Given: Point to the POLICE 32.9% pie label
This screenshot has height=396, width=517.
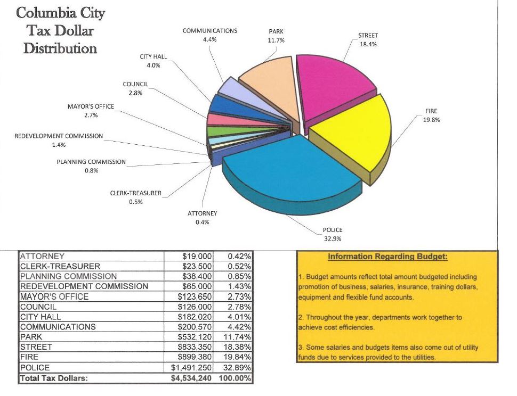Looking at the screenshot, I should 333,234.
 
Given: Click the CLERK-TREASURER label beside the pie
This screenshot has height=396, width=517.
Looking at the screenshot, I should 135,197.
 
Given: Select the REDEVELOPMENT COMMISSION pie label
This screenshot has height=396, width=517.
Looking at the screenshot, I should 59,140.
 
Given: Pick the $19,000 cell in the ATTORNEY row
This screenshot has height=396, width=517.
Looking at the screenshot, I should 198,257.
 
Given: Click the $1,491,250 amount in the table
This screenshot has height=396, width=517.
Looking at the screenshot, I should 191,368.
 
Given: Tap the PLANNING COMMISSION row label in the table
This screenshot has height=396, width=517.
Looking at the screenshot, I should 68,276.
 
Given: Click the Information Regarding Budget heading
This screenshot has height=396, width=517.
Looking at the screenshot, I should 387,257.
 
